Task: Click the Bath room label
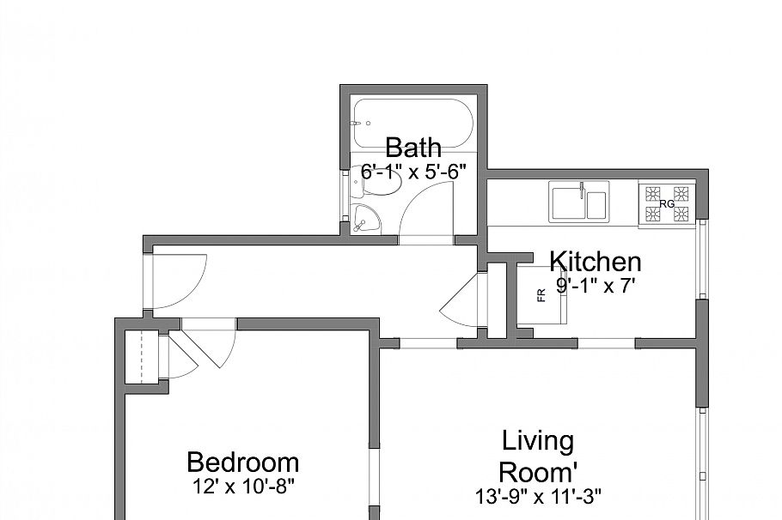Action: [x=413, y=148]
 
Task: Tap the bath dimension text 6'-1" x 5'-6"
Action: [x=413, y=172]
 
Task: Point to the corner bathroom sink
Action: [x=365, y=220]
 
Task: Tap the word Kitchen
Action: [x=595, y=261]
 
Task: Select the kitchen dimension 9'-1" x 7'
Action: [x=595, y=286]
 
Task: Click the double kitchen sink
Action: [x=579, y=203]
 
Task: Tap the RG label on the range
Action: [x=667, y=204]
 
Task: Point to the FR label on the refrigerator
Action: [x=541, y=295]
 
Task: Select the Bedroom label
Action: [x=242, y=463]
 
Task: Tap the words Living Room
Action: [x=538, y=457]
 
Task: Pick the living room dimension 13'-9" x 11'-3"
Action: [x=538, y=495]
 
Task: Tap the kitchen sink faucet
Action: [x=583, y=188]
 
